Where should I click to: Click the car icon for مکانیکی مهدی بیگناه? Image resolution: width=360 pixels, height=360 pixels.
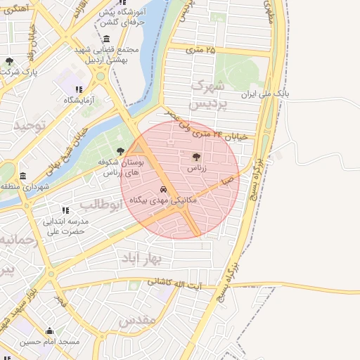tap(163, 190)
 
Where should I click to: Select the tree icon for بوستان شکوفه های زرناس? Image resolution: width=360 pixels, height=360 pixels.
tap(121, 150)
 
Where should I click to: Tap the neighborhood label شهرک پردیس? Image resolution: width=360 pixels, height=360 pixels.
tap(210, 94)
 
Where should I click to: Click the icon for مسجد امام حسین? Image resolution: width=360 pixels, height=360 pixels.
tap(49, 331)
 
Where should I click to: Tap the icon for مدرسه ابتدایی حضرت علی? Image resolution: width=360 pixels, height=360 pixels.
tap(65, 210)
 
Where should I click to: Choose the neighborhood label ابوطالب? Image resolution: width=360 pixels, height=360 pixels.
tap(101, 205)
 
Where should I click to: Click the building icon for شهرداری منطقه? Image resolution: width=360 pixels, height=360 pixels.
tap(23, 176)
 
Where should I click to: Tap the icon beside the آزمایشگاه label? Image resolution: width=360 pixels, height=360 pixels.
tap(79, 89)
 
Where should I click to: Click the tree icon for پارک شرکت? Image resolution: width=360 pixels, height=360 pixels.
tap(9, 61)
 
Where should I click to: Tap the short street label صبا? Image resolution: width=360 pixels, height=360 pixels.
tap(226, 181)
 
